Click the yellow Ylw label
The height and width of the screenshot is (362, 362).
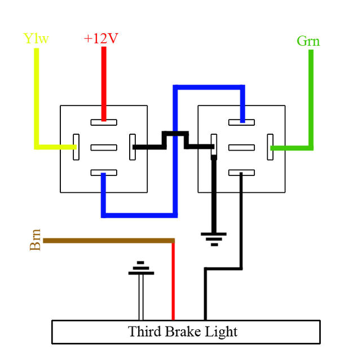point(36,39)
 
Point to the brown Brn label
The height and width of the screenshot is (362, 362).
point(35,240)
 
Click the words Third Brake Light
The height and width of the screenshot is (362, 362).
point(183,332)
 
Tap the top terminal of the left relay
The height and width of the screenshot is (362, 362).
point(104,122)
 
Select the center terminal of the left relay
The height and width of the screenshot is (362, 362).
point(104,148)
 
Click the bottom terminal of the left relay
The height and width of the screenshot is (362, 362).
point(104,174)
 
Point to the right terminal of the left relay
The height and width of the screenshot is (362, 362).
point(133,147)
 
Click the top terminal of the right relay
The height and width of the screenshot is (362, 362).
point(242,122)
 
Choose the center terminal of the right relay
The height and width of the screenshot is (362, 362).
point(242,148)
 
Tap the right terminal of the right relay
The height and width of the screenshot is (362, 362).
point(270,147)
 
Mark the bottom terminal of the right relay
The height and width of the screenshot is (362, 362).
point(242,174)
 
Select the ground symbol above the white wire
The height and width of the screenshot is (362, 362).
point(141,269)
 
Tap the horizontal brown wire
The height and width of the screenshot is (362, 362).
point(107,241)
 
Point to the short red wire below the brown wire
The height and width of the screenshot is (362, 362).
point(173,282)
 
